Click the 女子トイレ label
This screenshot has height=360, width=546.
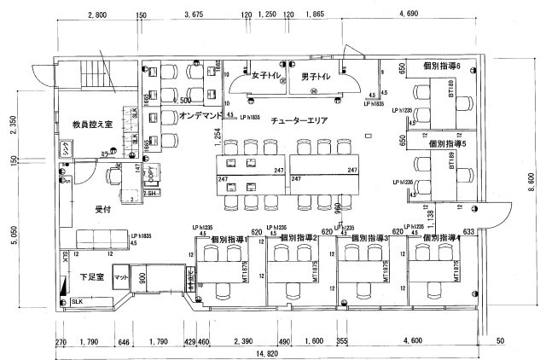[266, 76]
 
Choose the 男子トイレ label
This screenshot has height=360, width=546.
[316, 76]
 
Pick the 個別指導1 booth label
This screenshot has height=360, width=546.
[228, 239]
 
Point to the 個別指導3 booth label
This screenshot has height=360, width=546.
[370, 239]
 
